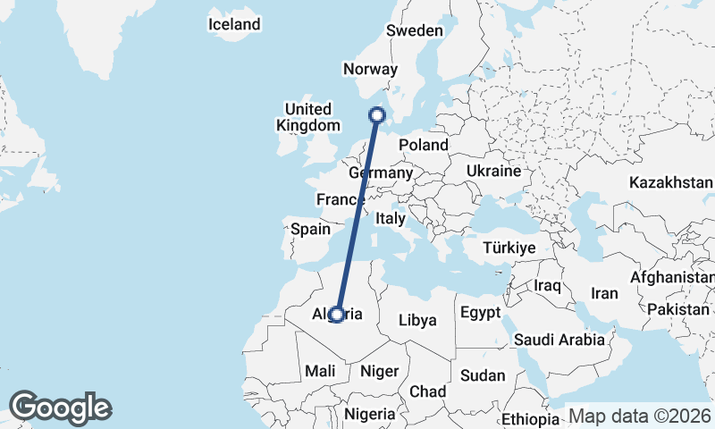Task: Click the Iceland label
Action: pos(233,25)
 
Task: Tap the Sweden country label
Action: pos(414,30)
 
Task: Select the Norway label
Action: pos(369,69)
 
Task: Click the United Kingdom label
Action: pos(308,117)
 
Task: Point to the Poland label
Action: pos(423,145)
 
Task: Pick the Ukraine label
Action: pos(493,170)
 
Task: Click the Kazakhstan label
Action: pos(670,182)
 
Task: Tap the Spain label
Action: pos(310,229)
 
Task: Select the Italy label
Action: pos(391,217)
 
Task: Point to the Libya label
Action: pos(417,320)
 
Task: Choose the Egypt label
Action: pos(483,313)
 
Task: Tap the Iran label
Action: pos(605,293)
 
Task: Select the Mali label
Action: pos(320,370)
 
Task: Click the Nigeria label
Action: pos(369,414)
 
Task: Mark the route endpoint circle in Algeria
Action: pos(336,314)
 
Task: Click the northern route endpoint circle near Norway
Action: pos(377,114)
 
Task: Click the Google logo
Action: pos(60,408)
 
